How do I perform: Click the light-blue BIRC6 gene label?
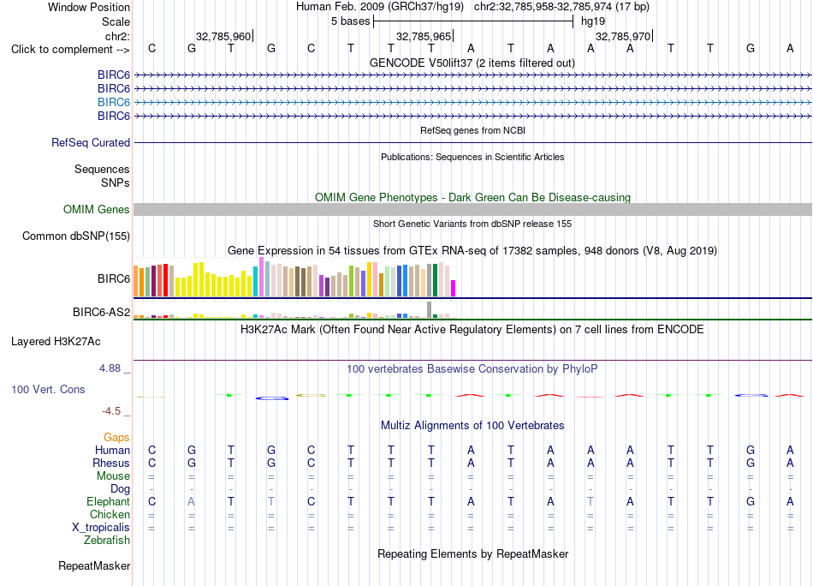point(114,102)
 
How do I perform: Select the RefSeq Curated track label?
point(91,143)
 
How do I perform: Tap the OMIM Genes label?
point(97,209)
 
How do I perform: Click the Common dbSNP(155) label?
point(76,236)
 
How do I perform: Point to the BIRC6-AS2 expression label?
point(101,312)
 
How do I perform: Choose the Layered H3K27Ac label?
point(56,342)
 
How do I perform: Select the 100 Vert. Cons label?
point(48,389)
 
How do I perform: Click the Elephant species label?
point(109,501)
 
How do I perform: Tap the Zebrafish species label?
point(107,541)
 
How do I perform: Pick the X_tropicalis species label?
point(101,528)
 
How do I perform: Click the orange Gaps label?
point(116,438)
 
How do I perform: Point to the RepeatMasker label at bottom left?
point(94,565)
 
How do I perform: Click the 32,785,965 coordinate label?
point(424,36)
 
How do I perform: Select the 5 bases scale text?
point(351,21)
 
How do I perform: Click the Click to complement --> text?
point(70,50)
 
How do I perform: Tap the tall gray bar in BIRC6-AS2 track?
point(430,309)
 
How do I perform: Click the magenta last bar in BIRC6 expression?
point(454,289)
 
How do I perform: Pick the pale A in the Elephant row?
point(192,501)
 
